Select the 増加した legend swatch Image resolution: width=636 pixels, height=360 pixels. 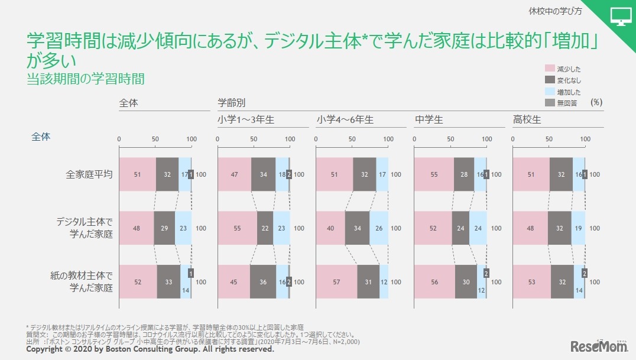tap(549, 92)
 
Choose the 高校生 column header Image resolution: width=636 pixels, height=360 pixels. tap(527, 119)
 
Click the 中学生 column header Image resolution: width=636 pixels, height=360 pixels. tap(429, 119)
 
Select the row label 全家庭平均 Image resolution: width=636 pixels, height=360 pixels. tap(89, 175)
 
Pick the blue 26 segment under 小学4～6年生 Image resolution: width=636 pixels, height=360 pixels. tap(379, 228)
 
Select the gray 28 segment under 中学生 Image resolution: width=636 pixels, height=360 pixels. tap(464, 175)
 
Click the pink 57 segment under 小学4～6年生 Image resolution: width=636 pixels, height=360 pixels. tap(337, 282)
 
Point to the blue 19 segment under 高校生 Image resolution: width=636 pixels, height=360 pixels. tap(578, 228)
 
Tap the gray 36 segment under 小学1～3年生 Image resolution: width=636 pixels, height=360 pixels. tap(263, 282)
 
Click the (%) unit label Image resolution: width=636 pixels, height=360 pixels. tap(596, 102)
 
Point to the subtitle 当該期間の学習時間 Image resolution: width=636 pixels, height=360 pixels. tap(86, 79)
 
